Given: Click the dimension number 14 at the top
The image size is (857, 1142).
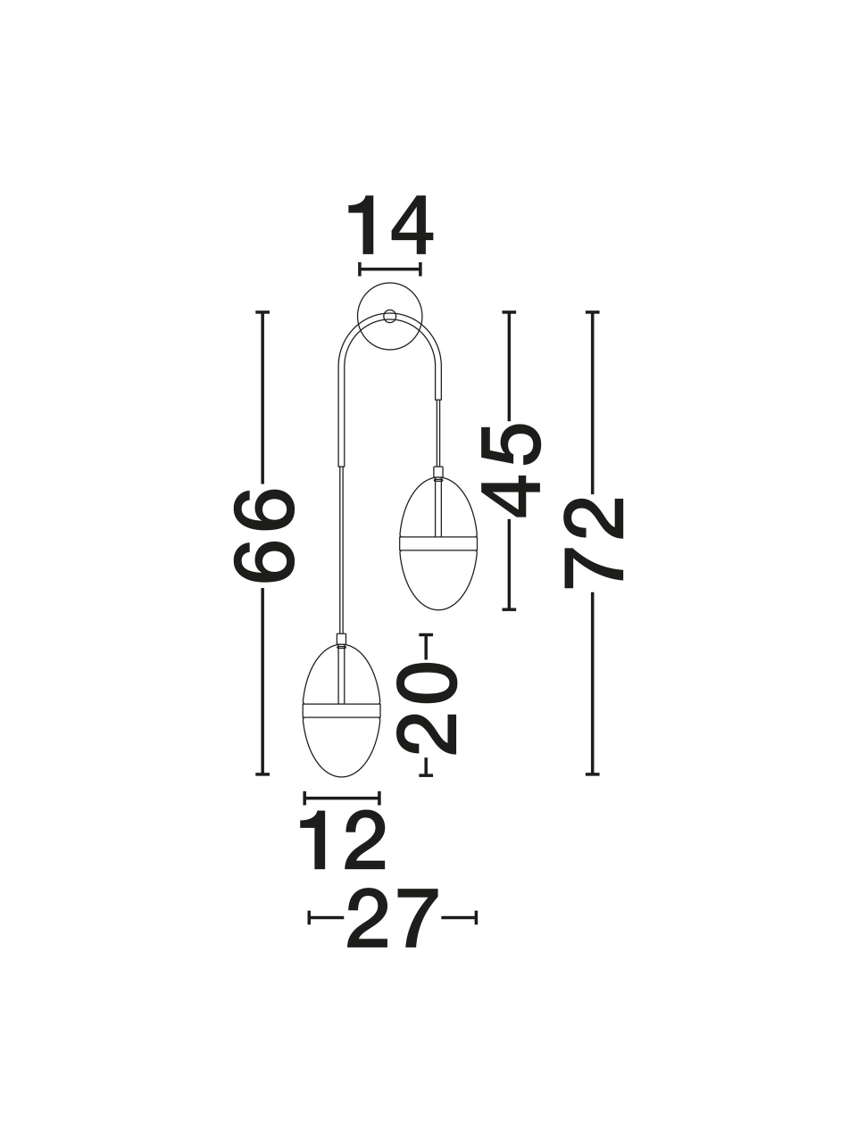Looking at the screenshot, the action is [390, 227].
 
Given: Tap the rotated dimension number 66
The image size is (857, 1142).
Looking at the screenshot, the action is [264, 535].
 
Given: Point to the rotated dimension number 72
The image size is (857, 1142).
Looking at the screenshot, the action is [595, 542].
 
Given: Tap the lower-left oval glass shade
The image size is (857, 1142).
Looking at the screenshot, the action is [341, 718].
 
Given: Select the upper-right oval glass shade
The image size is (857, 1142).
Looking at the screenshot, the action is [438, 544].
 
